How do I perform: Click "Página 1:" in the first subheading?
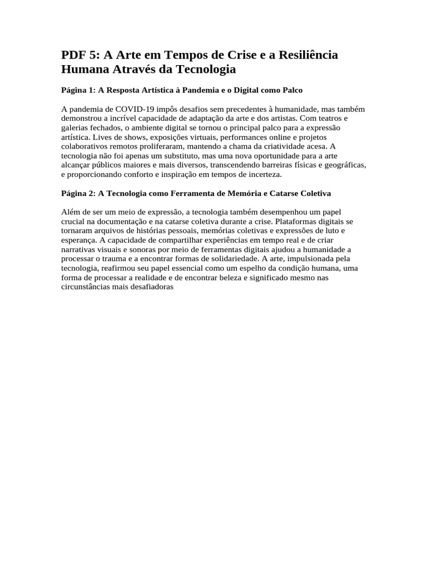pos(78,90)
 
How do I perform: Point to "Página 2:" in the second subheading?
pos(78,193)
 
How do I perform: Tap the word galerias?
pos(75,128)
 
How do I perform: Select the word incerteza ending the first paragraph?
pos(265,174)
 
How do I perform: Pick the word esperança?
pos(79,240)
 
